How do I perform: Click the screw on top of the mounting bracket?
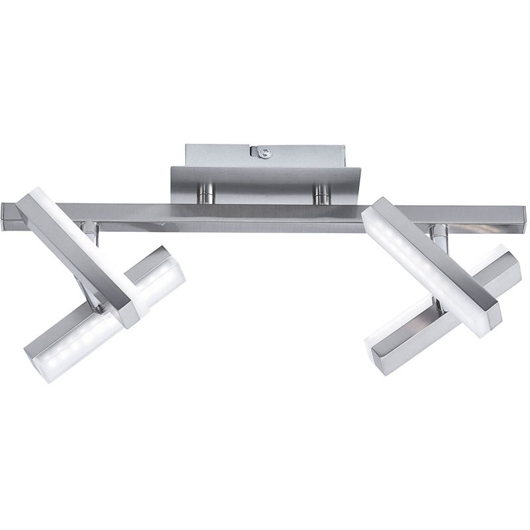[266, 154]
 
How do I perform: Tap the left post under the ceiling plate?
[207, 193]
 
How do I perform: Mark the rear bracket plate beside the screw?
[219, 155]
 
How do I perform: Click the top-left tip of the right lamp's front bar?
[375, 211]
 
